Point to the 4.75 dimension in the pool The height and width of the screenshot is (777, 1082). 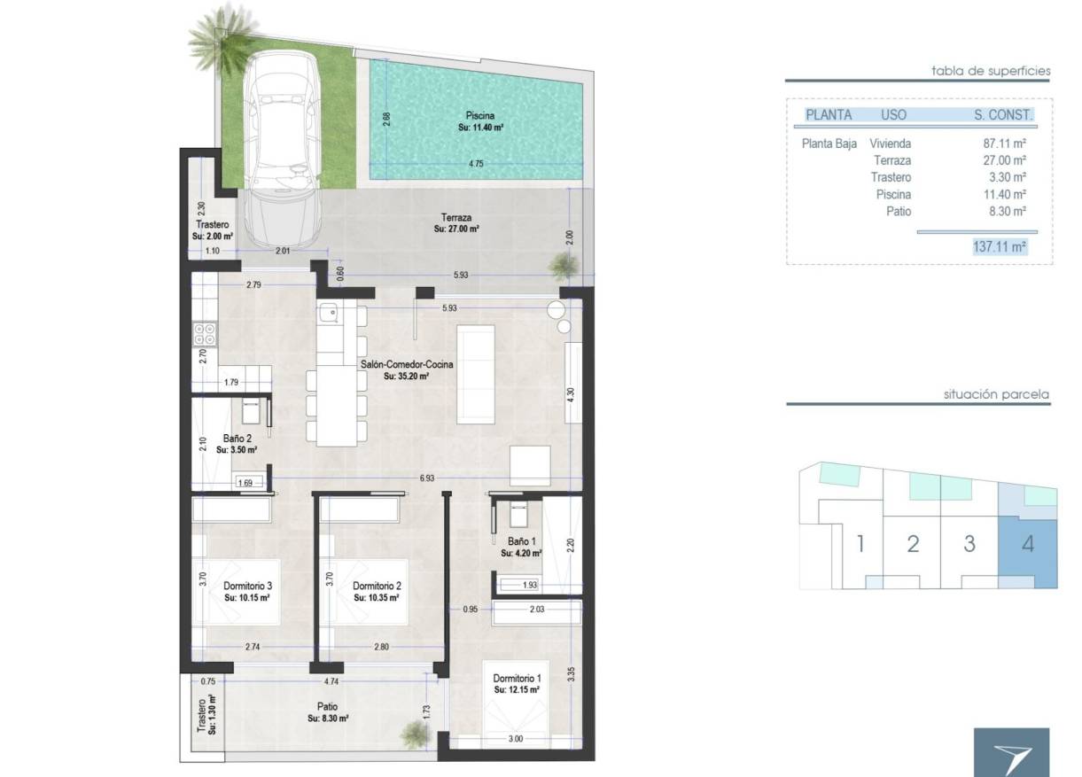tap(475, 164)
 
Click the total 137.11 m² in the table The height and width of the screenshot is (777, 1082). tap(1000, 247)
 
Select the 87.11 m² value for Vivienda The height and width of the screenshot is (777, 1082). tap(1006, 144)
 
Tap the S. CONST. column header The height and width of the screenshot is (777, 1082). tap(1002, 114)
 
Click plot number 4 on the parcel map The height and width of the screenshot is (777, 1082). tap(1027, 543)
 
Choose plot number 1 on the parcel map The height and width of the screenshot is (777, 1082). tap(859, 543)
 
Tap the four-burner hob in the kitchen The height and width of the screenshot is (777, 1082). tap(205, 334)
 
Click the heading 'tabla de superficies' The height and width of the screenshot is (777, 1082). tap(991, 70)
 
